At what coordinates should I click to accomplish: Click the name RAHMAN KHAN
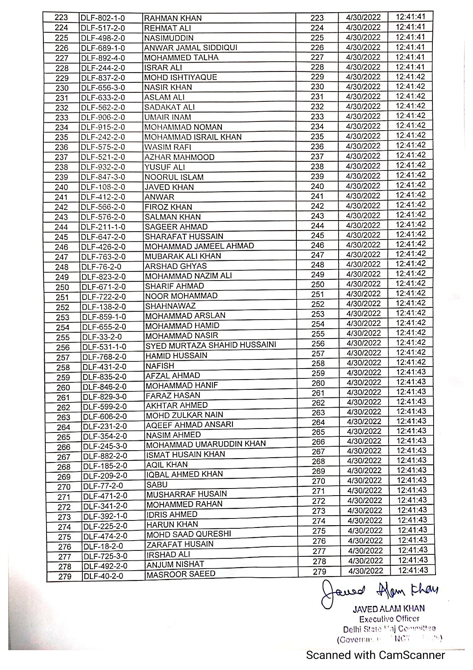pos(173,18)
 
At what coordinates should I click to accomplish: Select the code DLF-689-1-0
pos(103,48)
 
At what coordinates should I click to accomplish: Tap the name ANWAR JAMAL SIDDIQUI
pos(191,48)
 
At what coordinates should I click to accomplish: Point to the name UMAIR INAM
pos(168,117)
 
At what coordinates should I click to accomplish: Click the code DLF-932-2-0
pos(103,167)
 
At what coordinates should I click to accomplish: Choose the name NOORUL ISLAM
pos(174,177)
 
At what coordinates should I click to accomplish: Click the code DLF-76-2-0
pos(102,267)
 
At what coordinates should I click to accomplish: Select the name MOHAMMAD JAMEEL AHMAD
pos(199,246)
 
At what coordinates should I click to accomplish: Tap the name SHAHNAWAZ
pos(170,306)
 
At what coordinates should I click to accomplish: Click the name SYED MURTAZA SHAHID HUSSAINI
pos(211,345)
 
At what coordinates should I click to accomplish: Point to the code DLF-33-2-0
pos(102,337)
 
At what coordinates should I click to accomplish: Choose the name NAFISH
pos(160,366)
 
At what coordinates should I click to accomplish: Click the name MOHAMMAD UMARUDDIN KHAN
pos(206,444)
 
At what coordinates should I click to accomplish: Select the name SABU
pos(157,485)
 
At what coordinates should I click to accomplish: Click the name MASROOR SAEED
pos(181,574)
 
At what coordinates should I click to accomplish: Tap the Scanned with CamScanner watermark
pos(376,655)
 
